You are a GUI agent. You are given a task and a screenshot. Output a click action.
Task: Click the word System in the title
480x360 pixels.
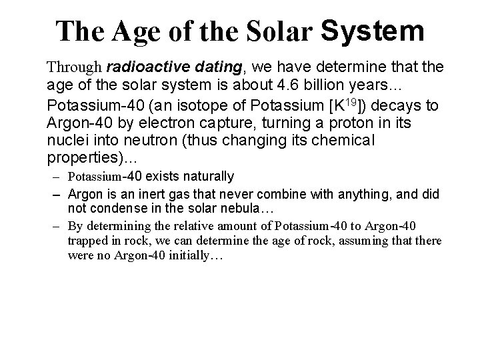click(x=372, y=30)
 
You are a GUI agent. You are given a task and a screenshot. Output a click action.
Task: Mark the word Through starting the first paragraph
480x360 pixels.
click(x=73, y=67)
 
